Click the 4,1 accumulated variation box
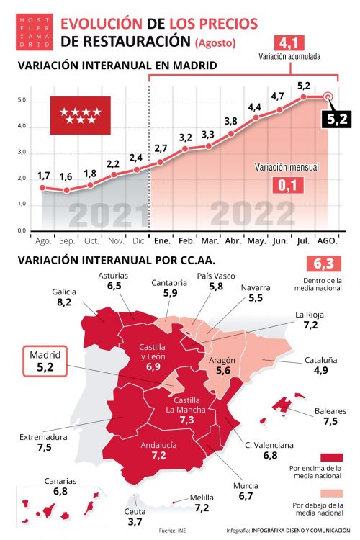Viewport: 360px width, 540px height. click(291, 42)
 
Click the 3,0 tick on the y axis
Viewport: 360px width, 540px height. click(22, 153)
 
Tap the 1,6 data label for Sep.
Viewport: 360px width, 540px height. click(66, 177)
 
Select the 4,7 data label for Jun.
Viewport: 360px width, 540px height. click(278, 96)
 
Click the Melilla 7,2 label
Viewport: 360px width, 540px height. click(202, 503)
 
